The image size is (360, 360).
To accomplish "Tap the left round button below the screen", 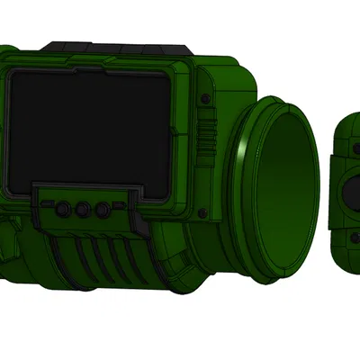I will click(x=64, y=209).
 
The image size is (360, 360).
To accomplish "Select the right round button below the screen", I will click(x=103, y=210).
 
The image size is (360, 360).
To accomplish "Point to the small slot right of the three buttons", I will click(x=125, y=209).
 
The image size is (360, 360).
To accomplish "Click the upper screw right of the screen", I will click(x=205, y=97).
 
